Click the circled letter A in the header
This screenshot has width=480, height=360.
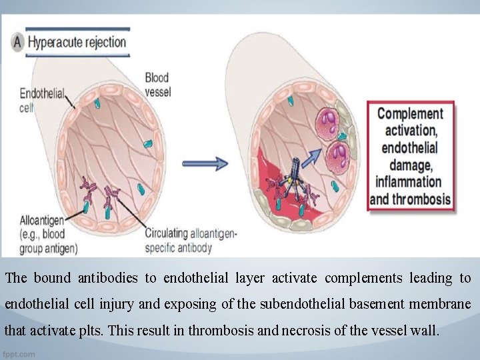(18, 43)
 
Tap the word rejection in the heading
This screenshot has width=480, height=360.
(105, 43)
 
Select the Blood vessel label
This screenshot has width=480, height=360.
(158, 84)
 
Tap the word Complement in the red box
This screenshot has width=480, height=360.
(410, 113)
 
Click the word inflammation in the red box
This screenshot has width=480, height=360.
(408, 181)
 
